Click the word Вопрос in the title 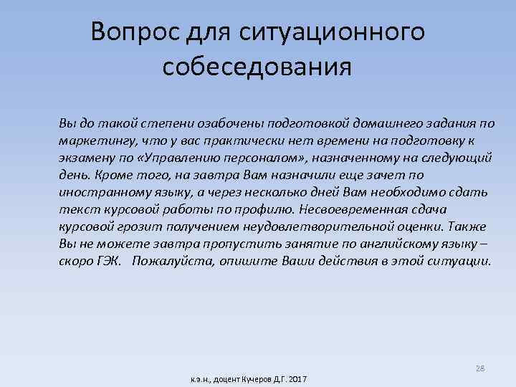coord(134,32)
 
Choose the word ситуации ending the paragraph coord(461,262)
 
